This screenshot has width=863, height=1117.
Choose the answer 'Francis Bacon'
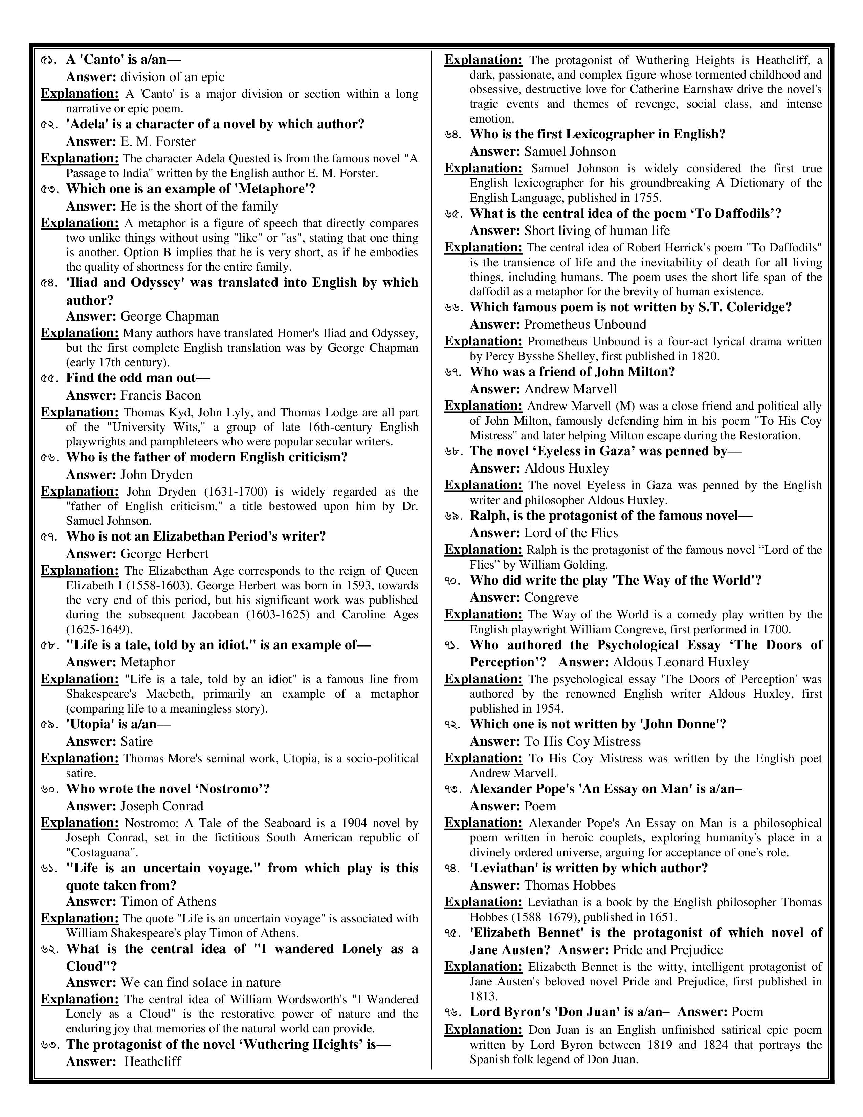pos(160,395)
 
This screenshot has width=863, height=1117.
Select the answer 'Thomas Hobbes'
pos(570,885)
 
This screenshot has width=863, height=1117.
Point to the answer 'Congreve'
pos(551,597)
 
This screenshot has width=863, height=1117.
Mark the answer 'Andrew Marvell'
pos(571,389)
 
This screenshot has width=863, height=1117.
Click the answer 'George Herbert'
pos(164,554)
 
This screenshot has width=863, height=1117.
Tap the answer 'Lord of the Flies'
pos(571,533)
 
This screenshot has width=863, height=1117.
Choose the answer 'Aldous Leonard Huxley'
pos(681,662)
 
